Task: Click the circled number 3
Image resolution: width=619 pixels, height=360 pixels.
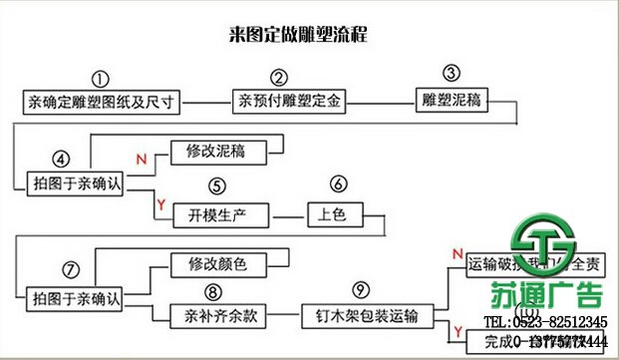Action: click(x=452, y=73)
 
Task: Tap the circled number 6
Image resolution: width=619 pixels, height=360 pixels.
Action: click(x=338, y=184)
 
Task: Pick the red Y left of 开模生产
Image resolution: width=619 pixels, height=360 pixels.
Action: click(x=158, y=204)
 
